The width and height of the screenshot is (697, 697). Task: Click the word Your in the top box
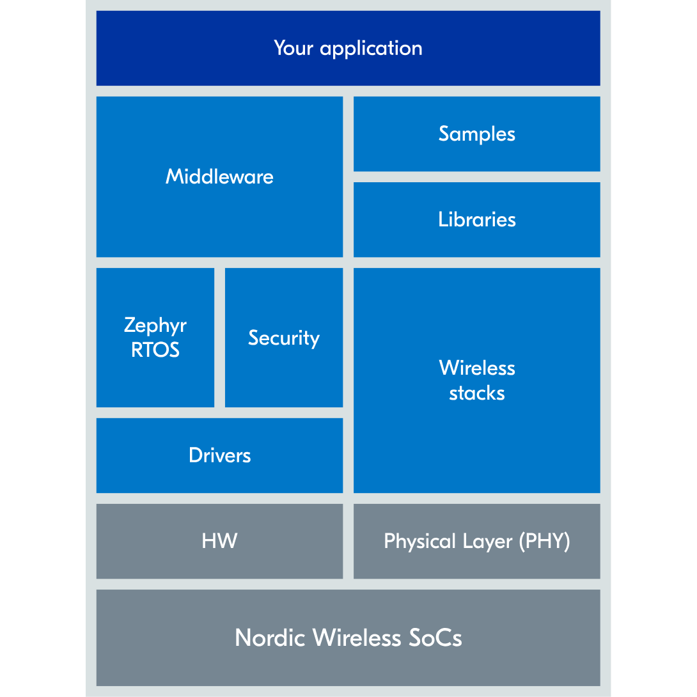(294, 48)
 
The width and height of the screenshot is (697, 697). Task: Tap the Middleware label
(219, 176)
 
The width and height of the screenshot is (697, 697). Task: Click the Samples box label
(476, 134)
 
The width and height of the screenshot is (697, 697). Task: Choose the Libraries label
(476, 219)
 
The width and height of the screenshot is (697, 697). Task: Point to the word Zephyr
(155, 325)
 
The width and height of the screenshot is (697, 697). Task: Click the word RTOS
(155, 350)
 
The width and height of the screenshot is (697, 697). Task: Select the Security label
(284, 338)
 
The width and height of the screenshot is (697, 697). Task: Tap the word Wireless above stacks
(477, 368)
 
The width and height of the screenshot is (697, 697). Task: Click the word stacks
(477, 393)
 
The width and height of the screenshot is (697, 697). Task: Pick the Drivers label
(219, 455)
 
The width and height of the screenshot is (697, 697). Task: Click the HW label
(219, 541)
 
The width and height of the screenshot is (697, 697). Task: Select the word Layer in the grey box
(488, 542)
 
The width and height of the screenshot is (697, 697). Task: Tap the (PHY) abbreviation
(544, 542)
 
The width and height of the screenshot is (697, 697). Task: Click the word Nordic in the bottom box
(270, 638)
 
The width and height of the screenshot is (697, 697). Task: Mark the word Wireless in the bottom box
(357, 638)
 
